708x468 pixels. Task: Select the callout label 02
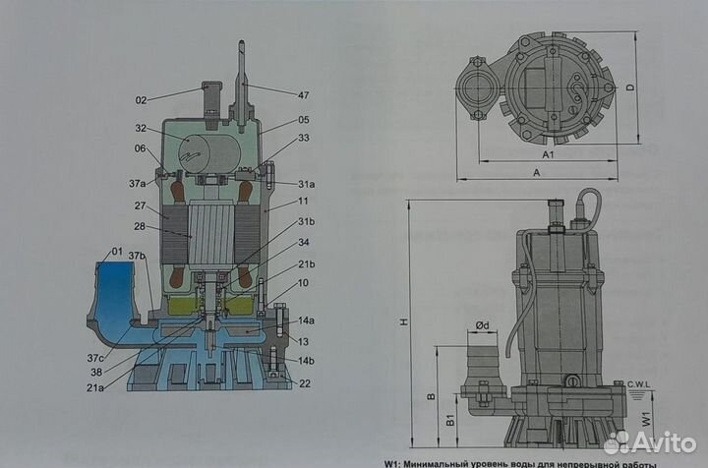pyautogui.click(x=141, y=99)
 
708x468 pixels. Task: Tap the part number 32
pyautogui.click(x=141, y=128)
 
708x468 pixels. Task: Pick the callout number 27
pyautogui.click(x=141, y=207)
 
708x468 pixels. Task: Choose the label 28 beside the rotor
pyautogui.click(x=141, y=227)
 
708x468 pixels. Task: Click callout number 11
pyautogui.click(x=303, y=201)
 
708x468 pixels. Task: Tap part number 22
pyautogui.click(x=305, y=383)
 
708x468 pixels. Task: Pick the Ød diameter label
pyautogui.click(x=482, y=325)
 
